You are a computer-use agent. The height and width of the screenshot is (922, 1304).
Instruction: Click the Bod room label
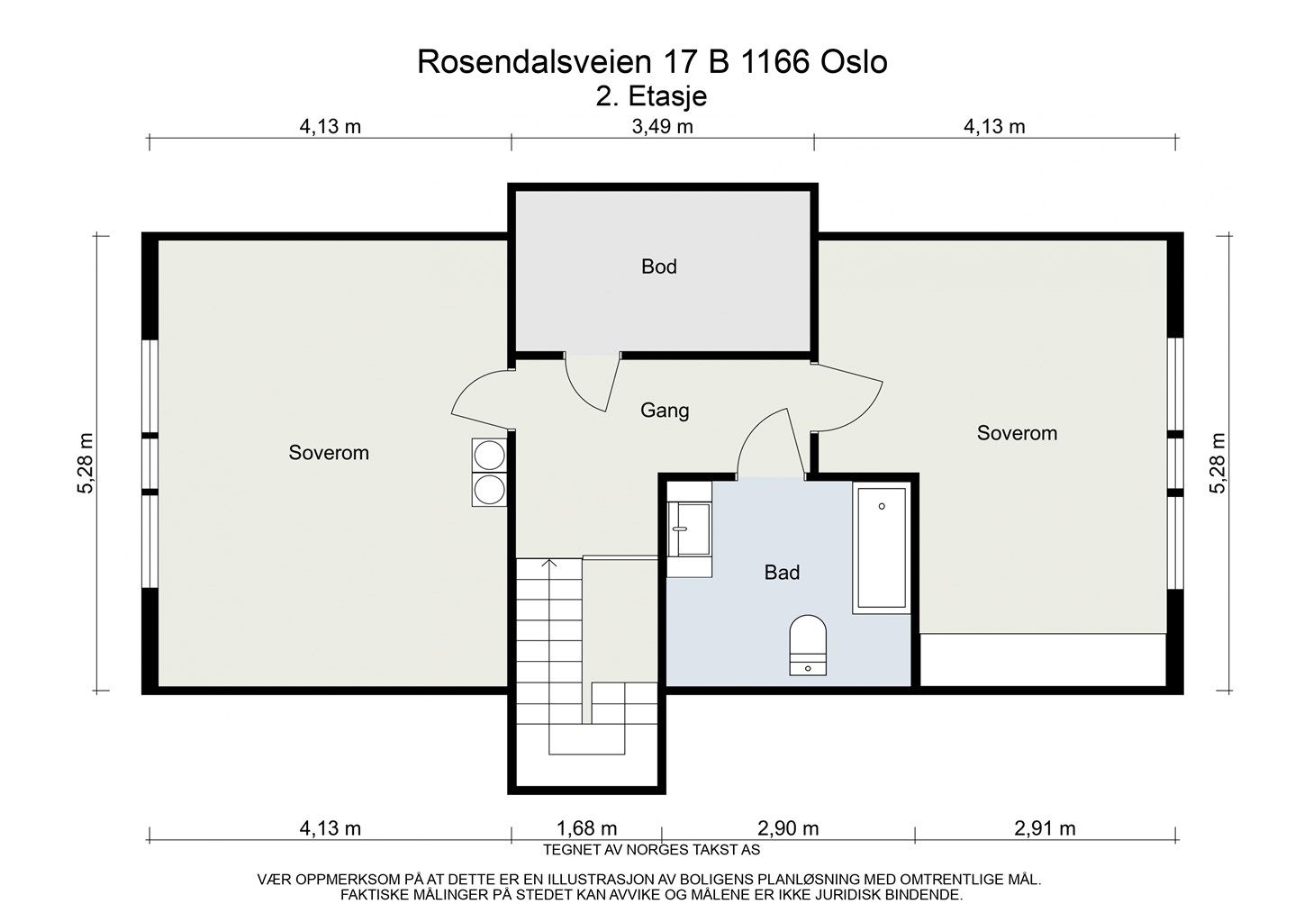658,267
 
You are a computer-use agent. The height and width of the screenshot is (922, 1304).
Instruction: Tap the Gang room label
665,411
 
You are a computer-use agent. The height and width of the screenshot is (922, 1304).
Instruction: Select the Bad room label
782,572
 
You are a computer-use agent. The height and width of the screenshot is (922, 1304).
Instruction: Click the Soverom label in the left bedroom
329,453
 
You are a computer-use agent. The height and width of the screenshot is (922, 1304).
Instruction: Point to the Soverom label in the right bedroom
1017,433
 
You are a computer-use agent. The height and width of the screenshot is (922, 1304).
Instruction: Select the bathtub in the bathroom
881,548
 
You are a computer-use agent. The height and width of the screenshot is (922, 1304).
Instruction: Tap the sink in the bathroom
690,529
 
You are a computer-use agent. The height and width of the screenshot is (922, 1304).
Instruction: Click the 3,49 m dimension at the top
662,127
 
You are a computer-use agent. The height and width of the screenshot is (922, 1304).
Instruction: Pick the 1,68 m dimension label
586,827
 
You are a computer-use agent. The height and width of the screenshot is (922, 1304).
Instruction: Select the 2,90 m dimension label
788,827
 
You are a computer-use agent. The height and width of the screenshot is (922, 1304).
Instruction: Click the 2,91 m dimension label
1045,827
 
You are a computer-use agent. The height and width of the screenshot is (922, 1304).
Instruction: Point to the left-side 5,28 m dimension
86,464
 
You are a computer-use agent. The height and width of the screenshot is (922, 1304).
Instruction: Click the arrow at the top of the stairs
548,565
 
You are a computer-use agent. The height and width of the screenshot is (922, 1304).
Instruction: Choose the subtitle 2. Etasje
651,95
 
